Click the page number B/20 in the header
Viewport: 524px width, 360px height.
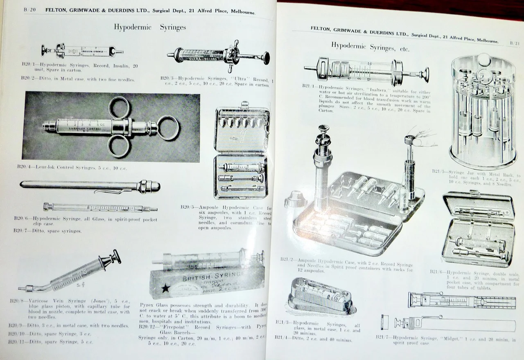(30, 10)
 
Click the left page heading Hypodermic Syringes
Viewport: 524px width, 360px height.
(150, 27)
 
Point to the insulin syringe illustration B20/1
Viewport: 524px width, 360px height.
(82, 51)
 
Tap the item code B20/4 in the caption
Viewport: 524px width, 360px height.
(25, 167)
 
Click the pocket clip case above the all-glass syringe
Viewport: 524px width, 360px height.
(90, 186)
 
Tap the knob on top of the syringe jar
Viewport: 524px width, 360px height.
(484, 58)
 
